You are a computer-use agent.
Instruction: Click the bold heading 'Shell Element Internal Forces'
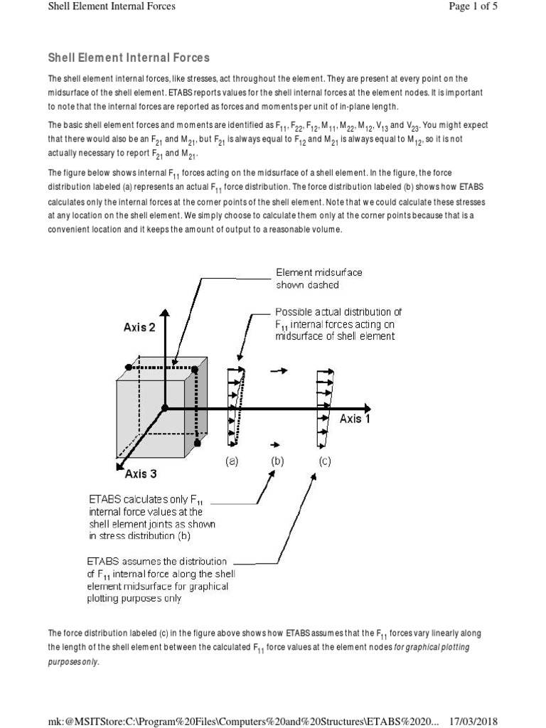[x=128, y=57]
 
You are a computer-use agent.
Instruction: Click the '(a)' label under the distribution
[x=232, y=461]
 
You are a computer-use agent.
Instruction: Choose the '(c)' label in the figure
[x=324, y=461]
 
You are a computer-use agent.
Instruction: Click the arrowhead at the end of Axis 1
[x=366, y=408]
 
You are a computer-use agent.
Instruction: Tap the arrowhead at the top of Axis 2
[x=164, y=314]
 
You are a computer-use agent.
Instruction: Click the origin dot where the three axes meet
[x=164, y=408]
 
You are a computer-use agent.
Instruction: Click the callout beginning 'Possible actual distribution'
[x=338, y=323]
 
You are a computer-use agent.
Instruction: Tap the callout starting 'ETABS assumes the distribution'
[x=157, y=579]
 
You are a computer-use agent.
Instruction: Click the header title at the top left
[x=111, y=6]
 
